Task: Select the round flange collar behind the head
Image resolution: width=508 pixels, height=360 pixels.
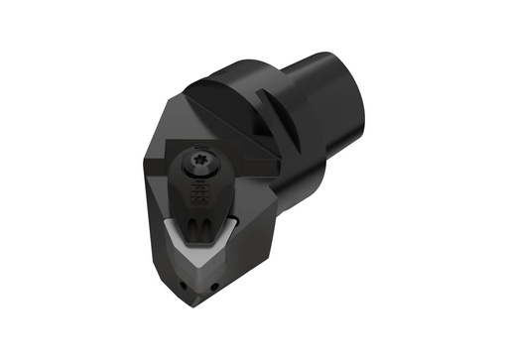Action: tap(298, 149)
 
